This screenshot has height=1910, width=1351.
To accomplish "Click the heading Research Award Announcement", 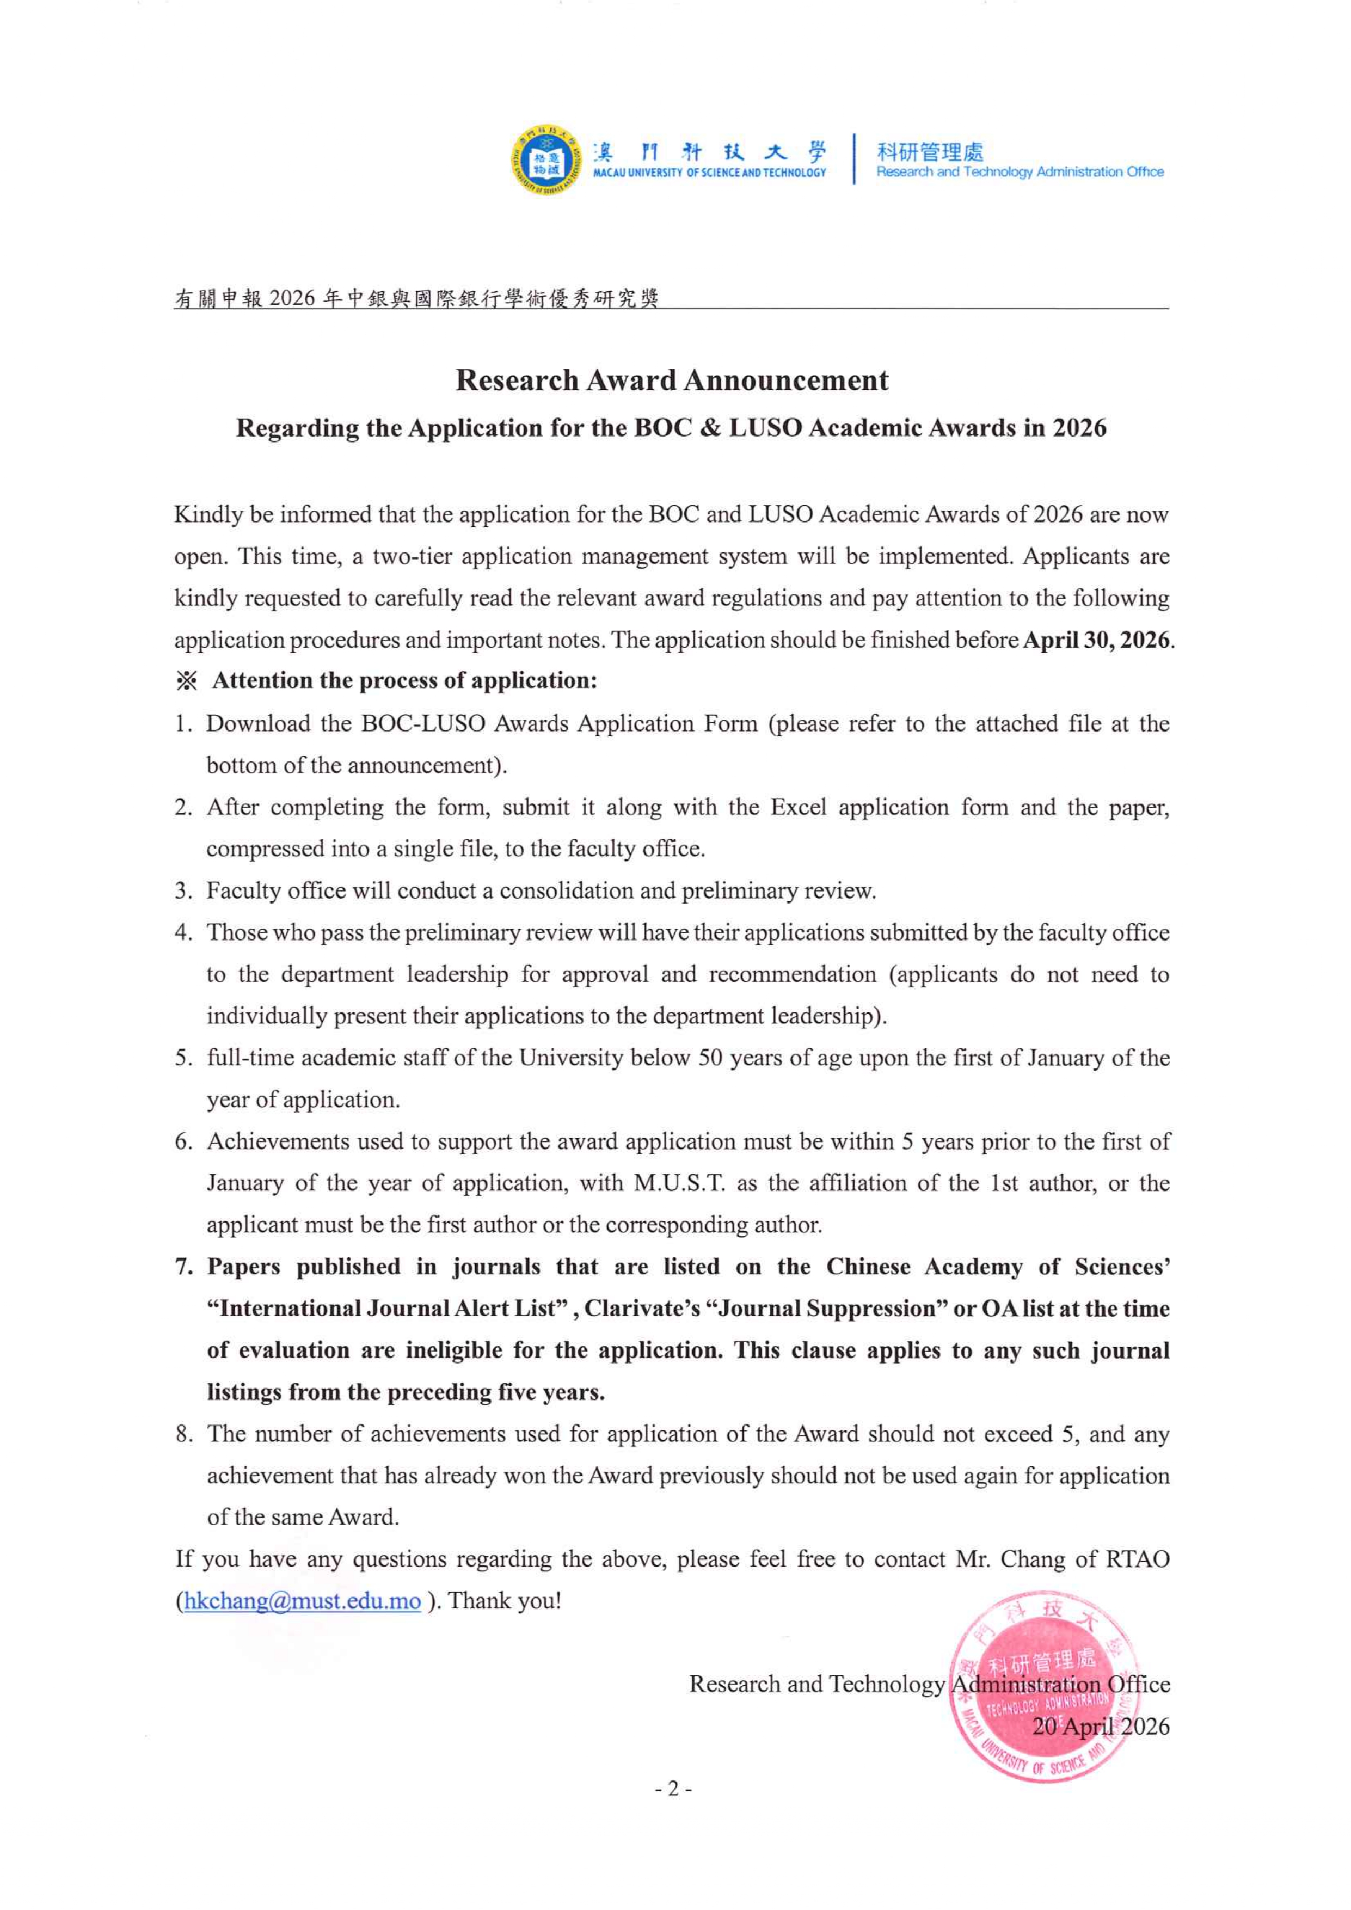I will tap(671, 380).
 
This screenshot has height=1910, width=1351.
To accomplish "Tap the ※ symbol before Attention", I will tap(186, 681).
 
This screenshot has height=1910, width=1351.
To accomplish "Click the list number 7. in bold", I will tap(184, 1267).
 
